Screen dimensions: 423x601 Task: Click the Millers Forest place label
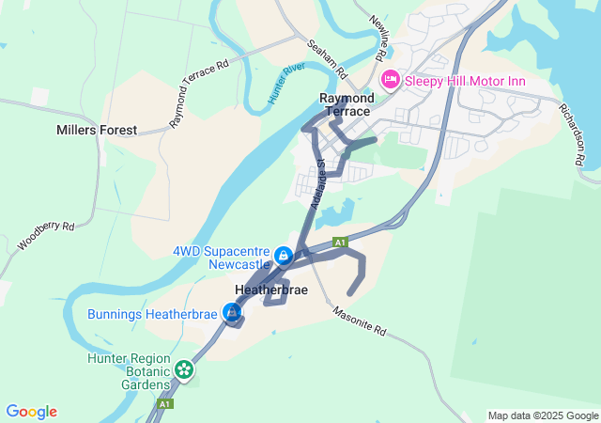(x=97, y=130)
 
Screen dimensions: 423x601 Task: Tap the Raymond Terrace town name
(x=347, y=104)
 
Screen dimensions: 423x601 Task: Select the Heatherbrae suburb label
(x=271, y=290)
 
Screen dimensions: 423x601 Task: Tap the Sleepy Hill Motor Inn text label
(x=465, y=81)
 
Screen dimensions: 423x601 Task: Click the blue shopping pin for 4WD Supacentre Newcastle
(x=283, y=255)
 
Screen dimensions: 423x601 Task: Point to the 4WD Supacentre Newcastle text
(x=221, y=258)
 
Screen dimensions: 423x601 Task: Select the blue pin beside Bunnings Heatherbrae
(x=232, y=312)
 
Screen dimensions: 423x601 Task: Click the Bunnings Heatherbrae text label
(x=153, y=314)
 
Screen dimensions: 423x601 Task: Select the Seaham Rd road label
(x=328, y=58)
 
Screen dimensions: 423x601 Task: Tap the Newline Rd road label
(x=378, y=39)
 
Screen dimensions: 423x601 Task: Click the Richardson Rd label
(x=573, y=136)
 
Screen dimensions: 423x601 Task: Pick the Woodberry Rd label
(x=45, y=236)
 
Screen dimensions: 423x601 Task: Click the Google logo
(x=31, y=412)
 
